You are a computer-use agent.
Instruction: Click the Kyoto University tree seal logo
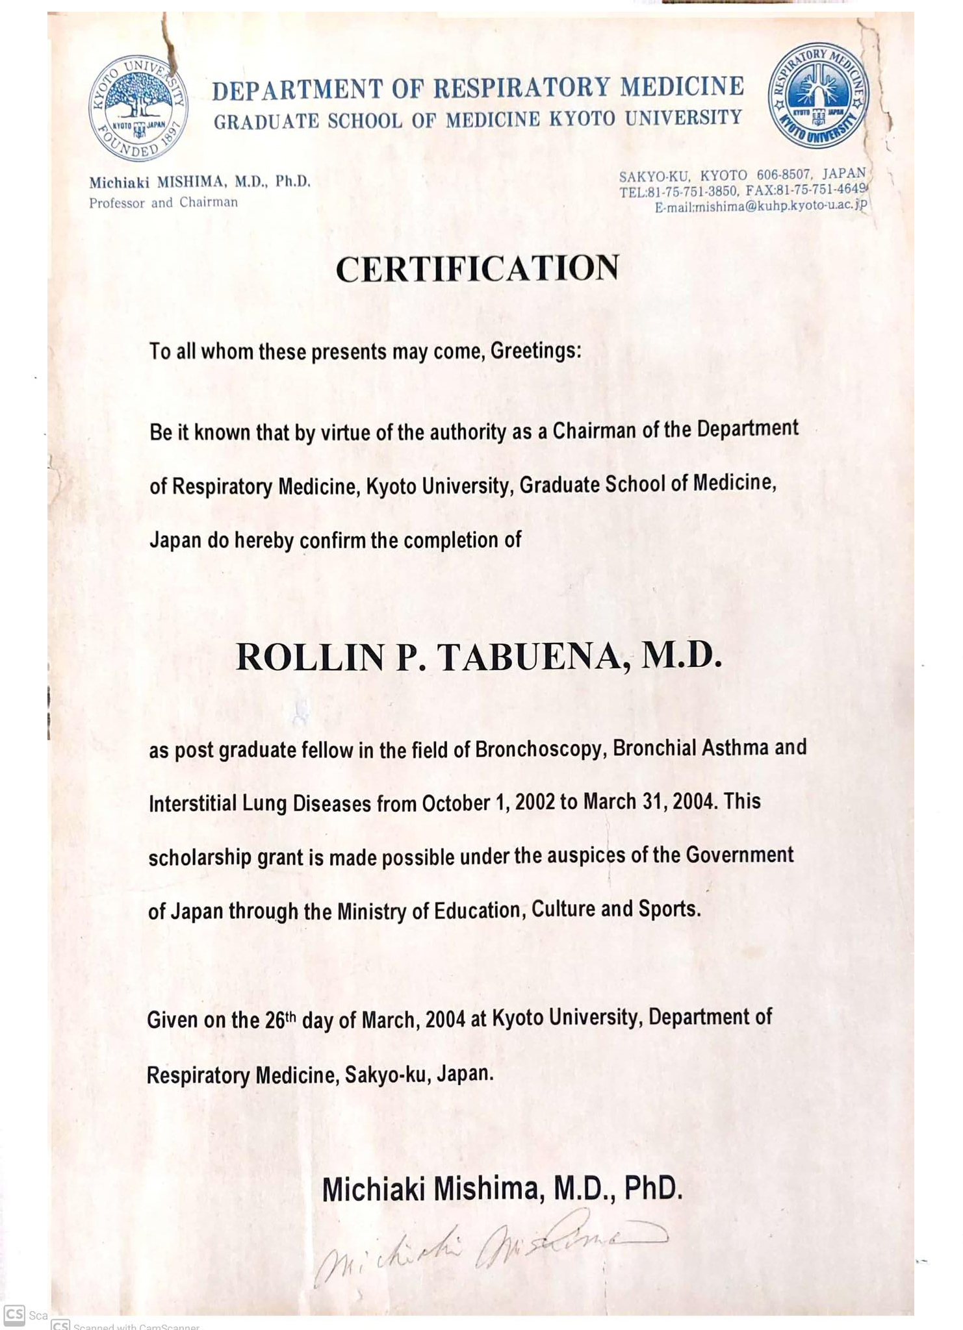click(x=138, y=108)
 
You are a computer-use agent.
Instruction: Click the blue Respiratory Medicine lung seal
click(x=818, y=96)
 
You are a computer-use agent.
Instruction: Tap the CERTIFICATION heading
click(x=478, y=269)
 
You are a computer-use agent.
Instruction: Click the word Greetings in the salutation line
click(x=535, y=351)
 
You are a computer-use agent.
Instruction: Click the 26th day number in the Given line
click(x=280, y=1020)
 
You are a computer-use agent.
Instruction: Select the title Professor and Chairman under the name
click(x=163, y=203)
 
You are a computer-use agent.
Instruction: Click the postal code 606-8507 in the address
click(x=783, y=175)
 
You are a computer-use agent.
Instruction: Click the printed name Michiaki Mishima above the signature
click(x=430, y=1189)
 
